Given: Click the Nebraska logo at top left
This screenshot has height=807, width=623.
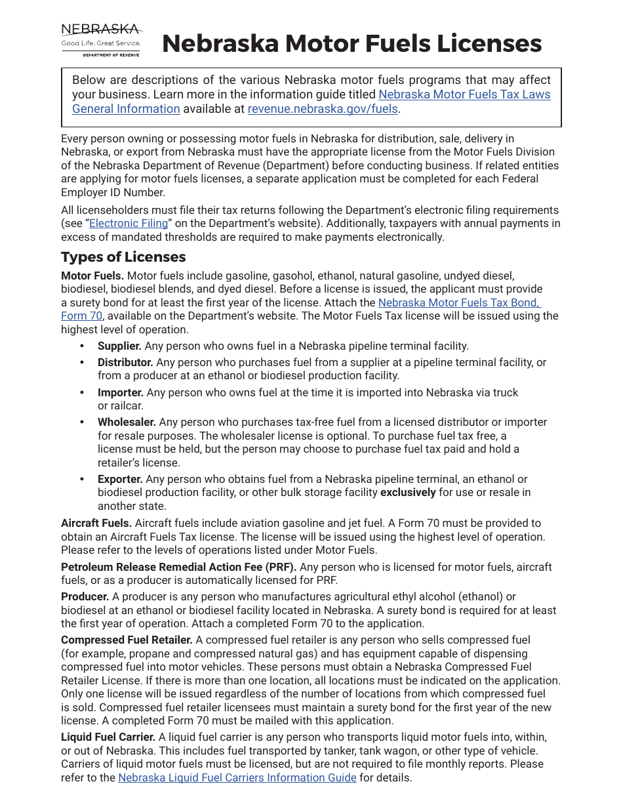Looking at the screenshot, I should (x=101, y=40).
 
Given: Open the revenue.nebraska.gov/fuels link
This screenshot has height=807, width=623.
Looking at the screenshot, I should (x=323, y=109).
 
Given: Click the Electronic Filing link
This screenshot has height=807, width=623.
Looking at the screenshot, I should (x=129, y=224).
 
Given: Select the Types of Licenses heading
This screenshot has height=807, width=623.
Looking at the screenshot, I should (x=123, y=257).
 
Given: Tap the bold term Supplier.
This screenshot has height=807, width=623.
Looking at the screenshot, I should (x=119, y=346).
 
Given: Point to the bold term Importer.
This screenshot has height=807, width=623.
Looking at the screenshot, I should (x=121, y=392).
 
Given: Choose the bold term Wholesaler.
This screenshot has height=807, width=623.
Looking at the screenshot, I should (x=127, y=423).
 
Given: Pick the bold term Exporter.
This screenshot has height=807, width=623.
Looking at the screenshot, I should (x=120, y=480).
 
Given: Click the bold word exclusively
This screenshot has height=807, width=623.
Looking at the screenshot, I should (x=408, y=493).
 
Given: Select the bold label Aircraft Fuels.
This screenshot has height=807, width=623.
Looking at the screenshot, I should (x=96, y=524).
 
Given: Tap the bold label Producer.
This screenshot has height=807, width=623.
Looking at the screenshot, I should (x=85, y=597).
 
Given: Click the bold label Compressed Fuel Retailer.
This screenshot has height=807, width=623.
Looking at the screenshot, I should (x=127, y=640).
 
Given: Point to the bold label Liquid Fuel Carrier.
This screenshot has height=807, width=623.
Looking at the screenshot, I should (x=108, y=737).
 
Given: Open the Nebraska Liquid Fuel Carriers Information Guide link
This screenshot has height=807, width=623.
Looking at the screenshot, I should (x=237, y=778).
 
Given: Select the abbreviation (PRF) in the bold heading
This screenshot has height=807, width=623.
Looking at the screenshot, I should (x=281, y=567).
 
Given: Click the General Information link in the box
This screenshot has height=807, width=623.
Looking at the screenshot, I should (x=126, y=109).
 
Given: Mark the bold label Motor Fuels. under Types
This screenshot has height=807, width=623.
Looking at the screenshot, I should (x=92, y=276).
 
